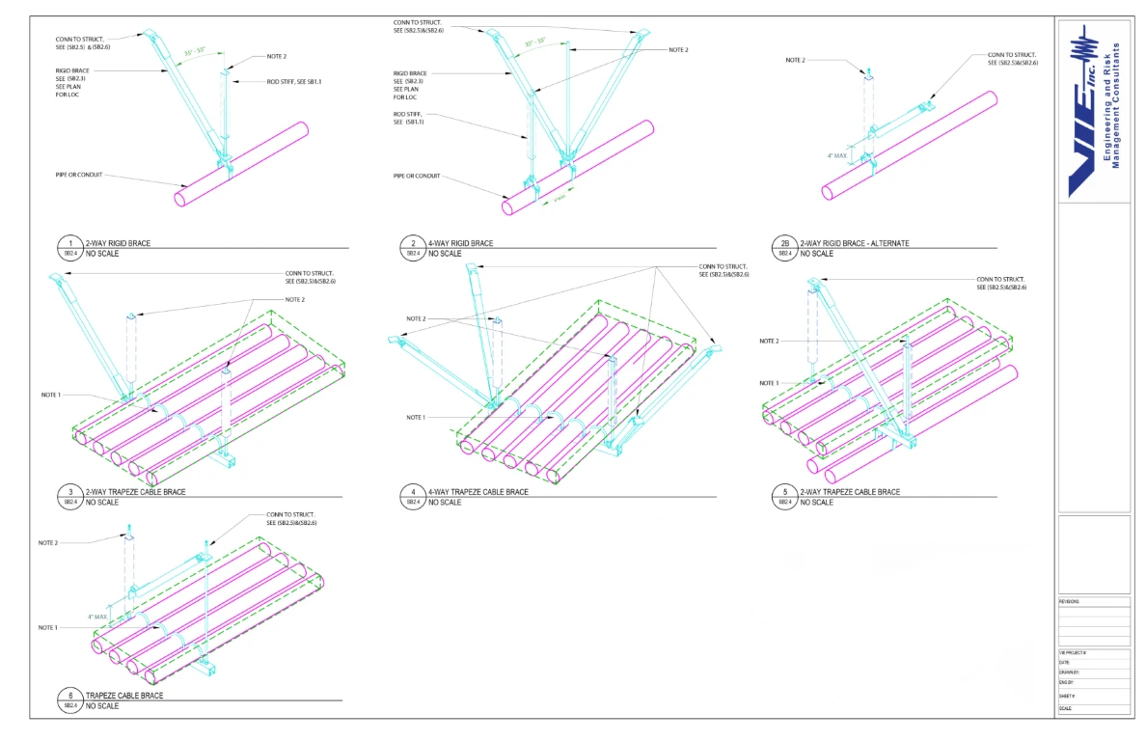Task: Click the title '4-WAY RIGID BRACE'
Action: (x=460, y=243)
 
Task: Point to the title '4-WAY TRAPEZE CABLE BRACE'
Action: (x=477, y=492)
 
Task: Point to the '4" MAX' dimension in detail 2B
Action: (x=837, y=154)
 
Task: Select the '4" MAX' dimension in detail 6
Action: (x=97, y=616)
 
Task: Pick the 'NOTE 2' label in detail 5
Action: (x=769, y=341)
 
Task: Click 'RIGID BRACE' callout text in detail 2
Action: (x=411, y=73)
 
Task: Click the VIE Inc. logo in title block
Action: (x=1094, y=108)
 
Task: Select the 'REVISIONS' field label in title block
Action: (x=1070, y=601)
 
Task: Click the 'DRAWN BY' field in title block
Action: (x=1069, y=672)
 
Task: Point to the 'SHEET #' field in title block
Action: (x=1068, y=695)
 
